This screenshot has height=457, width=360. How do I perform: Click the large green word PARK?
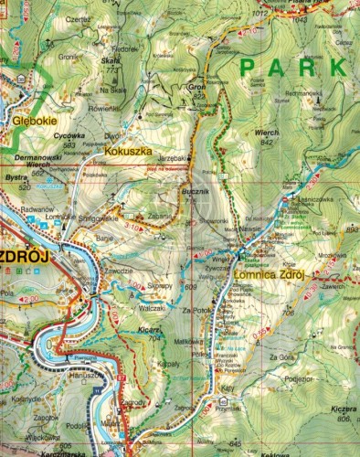[x=292, y=68]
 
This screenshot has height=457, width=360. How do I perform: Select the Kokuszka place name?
[x=127, y=150]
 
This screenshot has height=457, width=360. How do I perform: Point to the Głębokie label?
[x=24, y=120]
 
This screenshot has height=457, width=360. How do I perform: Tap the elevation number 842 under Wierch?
[x=268, y=142]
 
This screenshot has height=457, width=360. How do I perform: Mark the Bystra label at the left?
[x=16, y=176]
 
